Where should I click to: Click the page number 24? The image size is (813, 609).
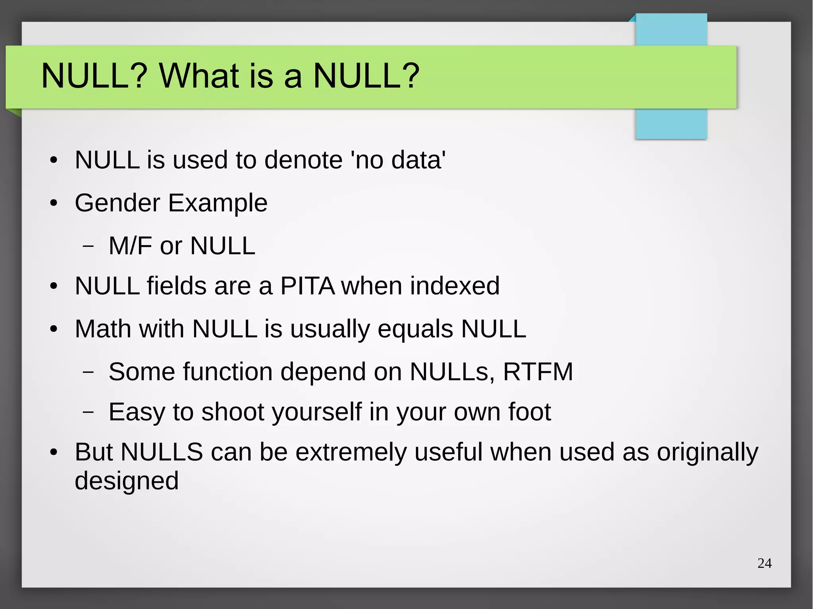pyautogui.click(x=764, y=563)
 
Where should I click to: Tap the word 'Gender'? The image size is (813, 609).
pyautogui.click(x=117, y=203)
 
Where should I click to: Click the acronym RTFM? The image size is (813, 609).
pyautogui.click(x=538, y=372)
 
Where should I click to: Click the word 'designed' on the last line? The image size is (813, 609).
pyautogui.click(x=126, y=481)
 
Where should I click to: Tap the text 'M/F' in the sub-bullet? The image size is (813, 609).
pyautogui.click(x=130, y=246)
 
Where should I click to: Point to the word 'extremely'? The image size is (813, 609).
pyautogui.click(x=351, y=452)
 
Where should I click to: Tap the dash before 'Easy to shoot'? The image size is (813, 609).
pyautogui.click(x=88, y=412)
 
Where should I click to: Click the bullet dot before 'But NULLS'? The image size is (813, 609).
pyautogui.click(x=54, y=453)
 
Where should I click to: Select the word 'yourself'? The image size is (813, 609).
pyautogui.click(x=317, y=412)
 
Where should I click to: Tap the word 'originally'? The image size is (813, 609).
pyautogui.click(x=707, y=452)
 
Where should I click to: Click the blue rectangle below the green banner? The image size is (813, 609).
pyautogui.click(x=671, y=124)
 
